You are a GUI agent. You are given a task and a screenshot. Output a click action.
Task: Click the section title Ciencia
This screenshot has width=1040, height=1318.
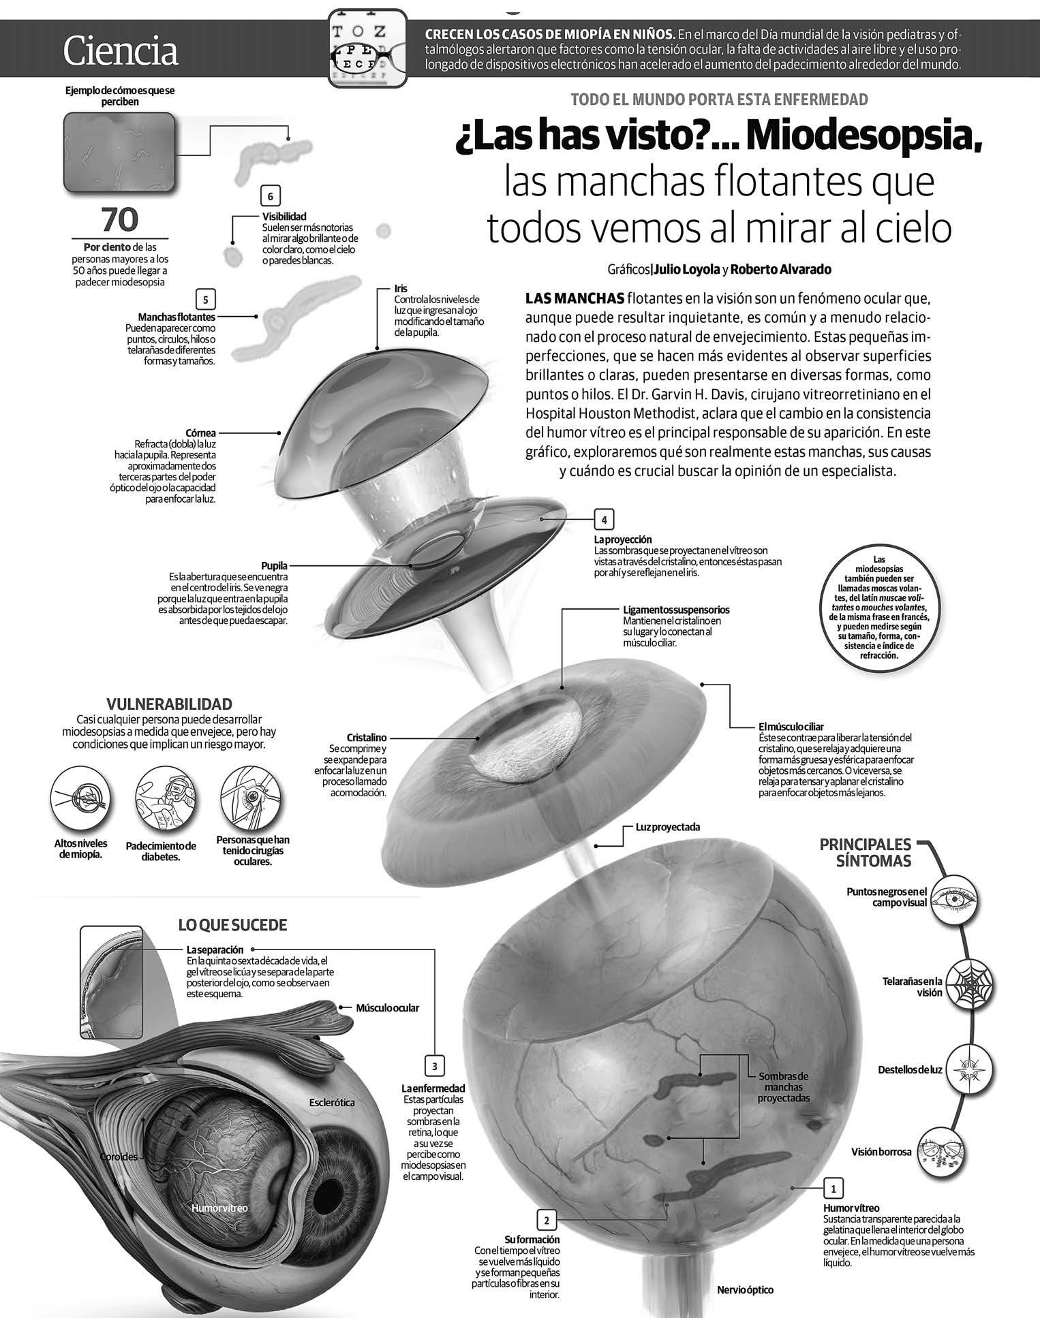tap(121, 51)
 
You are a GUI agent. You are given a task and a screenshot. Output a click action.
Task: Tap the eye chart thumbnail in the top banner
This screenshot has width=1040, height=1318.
tap(368, 48)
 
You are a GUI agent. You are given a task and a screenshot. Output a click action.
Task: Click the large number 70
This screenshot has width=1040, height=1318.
tap(119, 219)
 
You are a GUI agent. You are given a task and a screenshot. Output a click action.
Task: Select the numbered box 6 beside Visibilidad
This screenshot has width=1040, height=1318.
tap(271, 197)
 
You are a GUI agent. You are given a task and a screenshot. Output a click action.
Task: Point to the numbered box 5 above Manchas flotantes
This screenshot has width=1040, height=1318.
tap(205, 300)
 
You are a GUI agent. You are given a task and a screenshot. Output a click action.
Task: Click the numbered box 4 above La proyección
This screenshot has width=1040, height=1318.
tap(604, 520)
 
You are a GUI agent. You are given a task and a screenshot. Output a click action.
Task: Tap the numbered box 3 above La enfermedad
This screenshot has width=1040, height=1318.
tap(434, 1066)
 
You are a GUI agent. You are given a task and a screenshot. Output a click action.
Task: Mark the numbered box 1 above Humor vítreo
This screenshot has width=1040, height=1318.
tap(833, 1189)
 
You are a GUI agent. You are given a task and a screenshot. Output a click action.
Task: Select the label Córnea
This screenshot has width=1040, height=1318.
tap(200, 433)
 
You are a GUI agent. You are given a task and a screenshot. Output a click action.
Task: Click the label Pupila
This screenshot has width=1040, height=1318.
tap(274, 565)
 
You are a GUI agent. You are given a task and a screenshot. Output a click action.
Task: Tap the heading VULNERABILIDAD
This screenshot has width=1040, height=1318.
tap(170, 704)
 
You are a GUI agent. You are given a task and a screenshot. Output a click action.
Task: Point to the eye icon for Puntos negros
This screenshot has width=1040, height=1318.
tap(955, 899)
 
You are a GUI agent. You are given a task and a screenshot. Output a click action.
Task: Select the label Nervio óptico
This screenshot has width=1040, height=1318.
tap(745, 1289)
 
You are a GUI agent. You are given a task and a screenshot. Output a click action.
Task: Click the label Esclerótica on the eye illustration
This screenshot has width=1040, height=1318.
tap(331, 1102)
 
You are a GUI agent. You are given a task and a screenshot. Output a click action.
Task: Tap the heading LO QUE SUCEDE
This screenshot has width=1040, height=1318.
tap(232, 925)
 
